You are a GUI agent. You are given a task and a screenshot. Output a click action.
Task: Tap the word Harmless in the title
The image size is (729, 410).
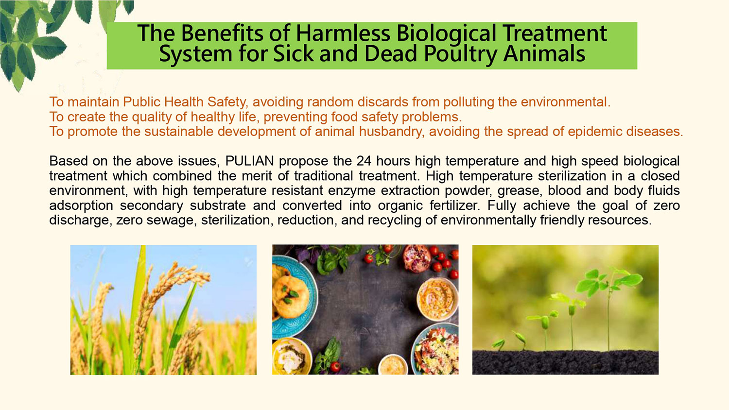click(343, 33)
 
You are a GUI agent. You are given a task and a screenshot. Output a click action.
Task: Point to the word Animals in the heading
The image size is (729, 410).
click(544, 53)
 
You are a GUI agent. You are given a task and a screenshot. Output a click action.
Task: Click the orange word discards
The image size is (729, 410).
click(383, 102)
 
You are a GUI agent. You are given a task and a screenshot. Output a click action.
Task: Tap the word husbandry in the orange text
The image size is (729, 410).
click(392, 132)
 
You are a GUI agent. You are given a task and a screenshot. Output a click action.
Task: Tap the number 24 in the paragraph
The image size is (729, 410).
click(364, 161)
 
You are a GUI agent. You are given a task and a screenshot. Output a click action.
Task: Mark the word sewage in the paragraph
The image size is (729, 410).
click(172, 221)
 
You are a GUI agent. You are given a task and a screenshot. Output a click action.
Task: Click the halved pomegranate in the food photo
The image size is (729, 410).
click(417, 258)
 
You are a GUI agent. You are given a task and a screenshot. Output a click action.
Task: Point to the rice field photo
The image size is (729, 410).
click(163, 310)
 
